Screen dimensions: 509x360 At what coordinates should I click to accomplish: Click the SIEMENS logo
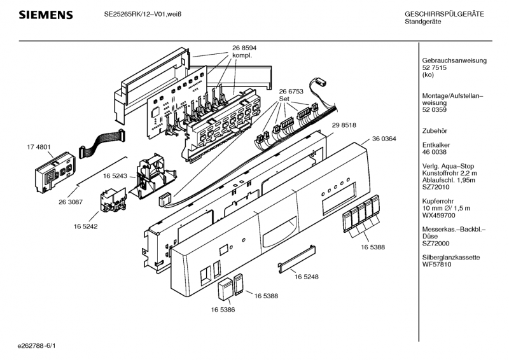pos(46,15)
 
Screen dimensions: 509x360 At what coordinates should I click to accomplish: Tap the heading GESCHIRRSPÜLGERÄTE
pos(444,14)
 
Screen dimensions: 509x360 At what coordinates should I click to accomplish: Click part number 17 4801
pos(39,147)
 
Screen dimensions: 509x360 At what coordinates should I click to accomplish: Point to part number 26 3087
pos(71,202)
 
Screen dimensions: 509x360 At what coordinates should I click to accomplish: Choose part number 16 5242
pos(85,226)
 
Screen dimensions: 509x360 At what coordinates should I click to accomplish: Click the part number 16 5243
pos(115,176)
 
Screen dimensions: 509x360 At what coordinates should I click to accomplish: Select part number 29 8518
pos(344,125)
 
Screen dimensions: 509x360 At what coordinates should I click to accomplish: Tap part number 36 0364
pos(384,139)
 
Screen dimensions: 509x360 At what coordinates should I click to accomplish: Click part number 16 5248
pos(307,277)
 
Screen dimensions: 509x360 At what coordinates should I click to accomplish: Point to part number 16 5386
pos(223,310)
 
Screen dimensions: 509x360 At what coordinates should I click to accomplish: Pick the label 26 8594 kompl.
pos(244,52)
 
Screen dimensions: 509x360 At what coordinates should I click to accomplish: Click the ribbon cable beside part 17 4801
pos(101,141)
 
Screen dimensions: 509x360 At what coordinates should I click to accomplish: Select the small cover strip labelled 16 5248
pos(296,259)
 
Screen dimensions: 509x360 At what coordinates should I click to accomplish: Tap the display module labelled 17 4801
pos(55,172)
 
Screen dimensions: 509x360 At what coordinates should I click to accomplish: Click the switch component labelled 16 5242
pos(113,200)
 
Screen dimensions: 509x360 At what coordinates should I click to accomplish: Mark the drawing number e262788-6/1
pos(37,346)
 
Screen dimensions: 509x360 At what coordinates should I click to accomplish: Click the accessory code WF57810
pos(436,265)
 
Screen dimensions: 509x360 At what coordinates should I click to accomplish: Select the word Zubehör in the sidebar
pos(435,131)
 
